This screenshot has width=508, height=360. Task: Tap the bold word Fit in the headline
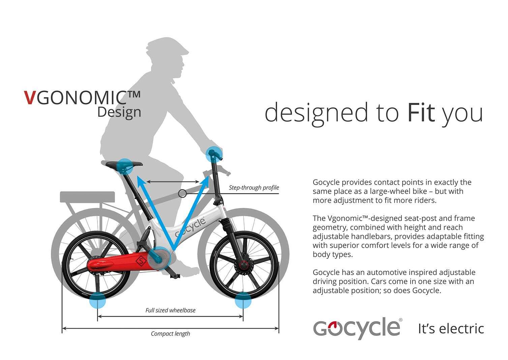(421, 113)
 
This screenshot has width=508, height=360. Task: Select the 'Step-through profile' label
(254, 188)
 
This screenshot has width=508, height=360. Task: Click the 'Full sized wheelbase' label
(170, 310)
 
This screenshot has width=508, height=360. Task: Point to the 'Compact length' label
(170, 334)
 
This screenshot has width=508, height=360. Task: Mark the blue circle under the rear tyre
(97, 300)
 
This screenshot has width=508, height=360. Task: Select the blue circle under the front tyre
(243, 300)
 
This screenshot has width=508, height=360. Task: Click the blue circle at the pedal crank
(159, 258)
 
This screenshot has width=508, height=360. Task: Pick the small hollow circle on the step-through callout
(182, 194)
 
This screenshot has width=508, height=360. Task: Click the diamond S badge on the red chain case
(141, 261)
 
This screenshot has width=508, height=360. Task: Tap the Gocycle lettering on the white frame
(190, 228)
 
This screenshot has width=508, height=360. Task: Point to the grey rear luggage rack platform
(87, 197)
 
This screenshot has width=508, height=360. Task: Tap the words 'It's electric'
(451, 329)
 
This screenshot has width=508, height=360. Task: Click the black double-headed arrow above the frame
(173, 182)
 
